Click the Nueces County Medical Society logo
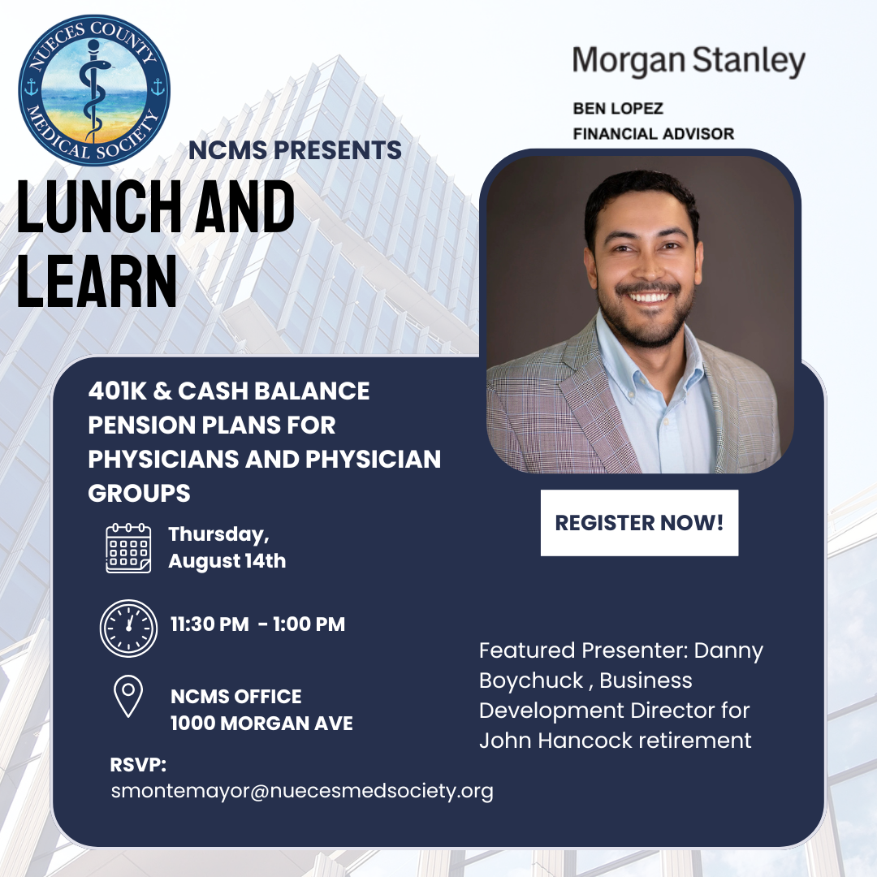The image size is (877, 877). point(94,90)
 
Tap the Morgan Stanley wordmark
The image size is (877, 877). point(689,61)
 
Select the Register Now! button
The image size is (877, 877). point(639,523)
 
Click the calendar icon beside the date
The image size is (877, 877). point(128,548)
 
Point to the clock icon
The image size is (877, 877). point(128,628)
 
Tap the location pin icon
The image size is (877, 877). point(128,696)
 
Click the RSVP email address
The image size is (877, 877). point(302,792)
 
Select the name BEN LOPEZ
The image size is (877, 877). point(618,109)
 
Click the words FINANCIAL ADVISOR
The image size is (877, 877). point(653,134)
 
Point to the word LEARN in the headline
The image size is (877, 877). point(97,281)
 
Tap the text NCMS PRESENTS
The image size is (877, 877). point(295,150)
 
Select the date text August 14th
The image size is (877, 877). point(227,561)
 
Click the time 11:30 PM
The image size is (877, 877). point(210,624)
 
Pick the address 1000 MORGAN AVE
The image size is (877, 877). point(261,724)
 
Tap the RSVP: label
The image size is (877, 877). point(138,765)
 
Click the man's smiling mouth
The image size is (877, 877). point(649,295)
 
